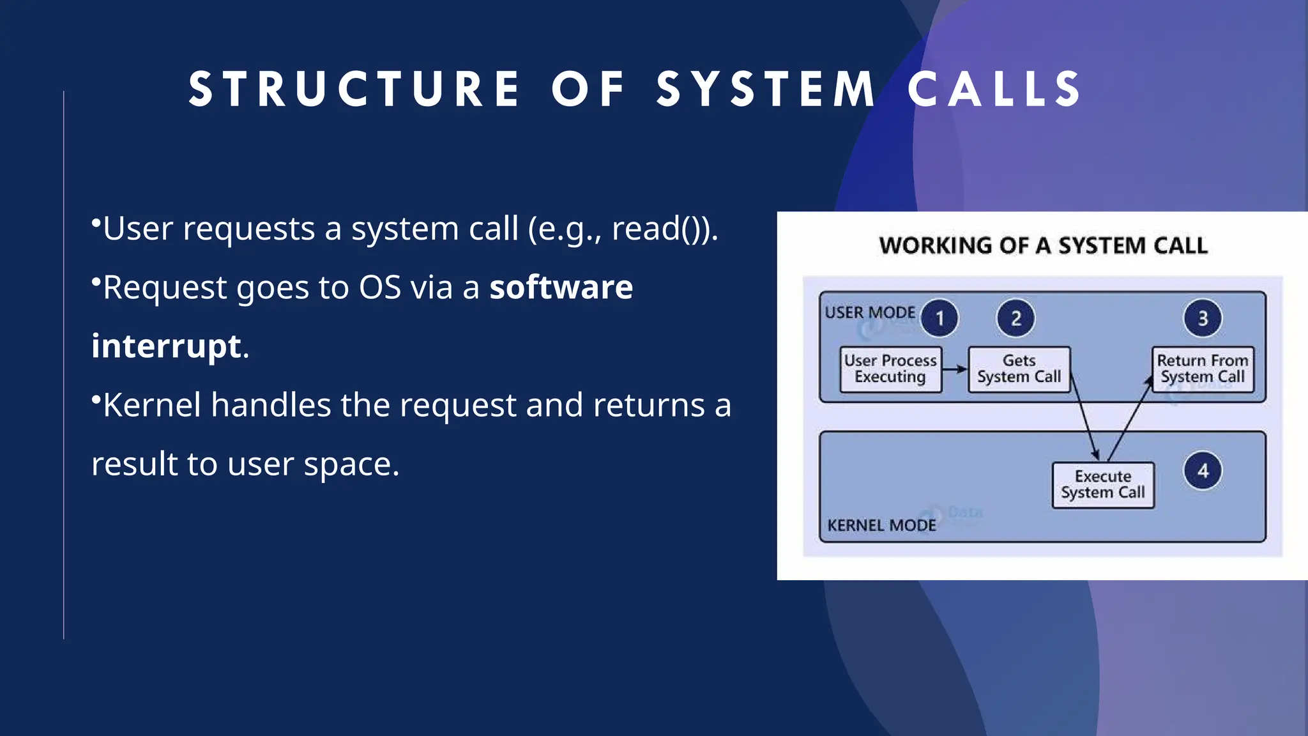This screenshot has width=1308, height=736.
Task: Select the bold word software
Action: [x=561, y=287]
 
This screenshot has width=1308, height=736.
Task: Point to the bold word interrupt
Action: [x=166, y=346]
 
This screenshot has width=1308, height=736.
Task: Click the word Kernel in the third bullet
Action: [x=152, y=405]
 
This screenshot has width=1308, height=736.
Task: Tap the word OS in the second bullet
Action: [x=379, y=287]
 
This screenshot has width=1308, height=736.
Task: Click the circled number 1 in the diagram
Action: [x=939, y=318]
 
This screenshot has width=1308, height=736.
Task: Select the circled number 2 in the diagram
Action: [x=1015, y=318]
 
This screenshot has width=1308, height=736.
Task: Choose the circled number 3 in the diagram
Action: [x=1203, y=318]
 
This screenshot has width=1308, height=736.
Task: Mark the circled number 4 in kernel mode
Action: [x=1203, y=471]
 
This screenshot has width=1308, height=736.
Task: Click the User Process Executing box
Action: [x=890, y=369]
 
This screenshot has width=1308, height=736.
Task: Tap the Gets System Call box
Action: [x=1019, y=369]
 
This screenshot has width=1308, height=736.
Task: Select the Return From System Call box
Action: [x=1203, y=369]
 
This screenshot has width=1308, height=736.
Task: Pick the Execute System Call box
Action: [x=1103, y=485]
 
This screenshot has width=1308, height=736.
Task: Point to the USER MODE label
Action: [x=870, y=312]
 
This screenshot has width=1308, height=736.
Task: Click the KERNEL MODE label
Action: [x=881, y=525]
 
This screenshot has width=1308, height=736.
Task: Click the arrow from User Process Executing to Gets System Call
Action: [x=955, y=369]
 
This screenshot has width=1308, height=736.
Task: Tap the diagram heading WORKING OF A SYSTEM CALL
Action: [x=1043, y=246]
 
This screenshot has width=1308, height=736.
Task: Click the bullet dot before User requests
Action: [x=96, y=223]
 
